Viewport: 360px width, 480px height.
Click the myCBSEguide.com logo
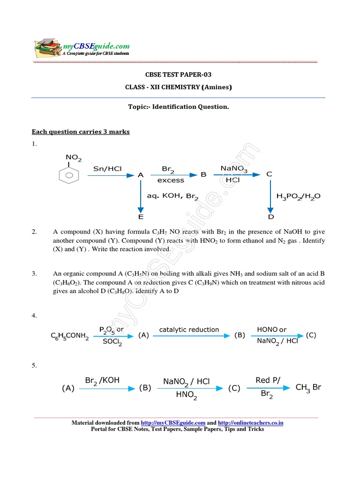coord(82,48)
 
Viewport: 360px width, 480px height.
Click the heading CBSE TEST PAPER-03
coord(178,75)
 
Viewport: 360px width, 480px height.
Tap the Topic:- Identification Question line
coord(178,107)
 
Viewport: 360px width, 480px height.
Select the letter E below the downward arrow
coord(140,217)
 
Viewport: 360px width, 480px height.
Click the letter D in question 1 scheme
coord(270,217)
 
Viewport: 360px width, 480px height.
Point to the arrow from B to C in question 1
coord(237,174)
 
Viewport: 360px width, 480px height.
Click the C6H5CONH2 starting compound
coord(70,336)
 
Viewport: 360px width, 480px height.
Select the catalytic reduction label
coord(189,330)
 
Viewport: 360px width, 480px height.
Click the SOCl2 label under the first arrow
coord(113,343)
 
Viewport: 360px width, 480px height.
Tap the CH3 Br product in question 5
coord(308,388)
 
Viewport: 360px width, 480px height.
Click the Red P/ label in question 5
coord(268,380)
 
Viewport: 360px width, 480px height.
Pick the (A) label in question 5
coord(68,388)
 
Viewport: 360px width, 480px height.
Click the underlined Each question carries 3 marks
coord(80,132)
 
